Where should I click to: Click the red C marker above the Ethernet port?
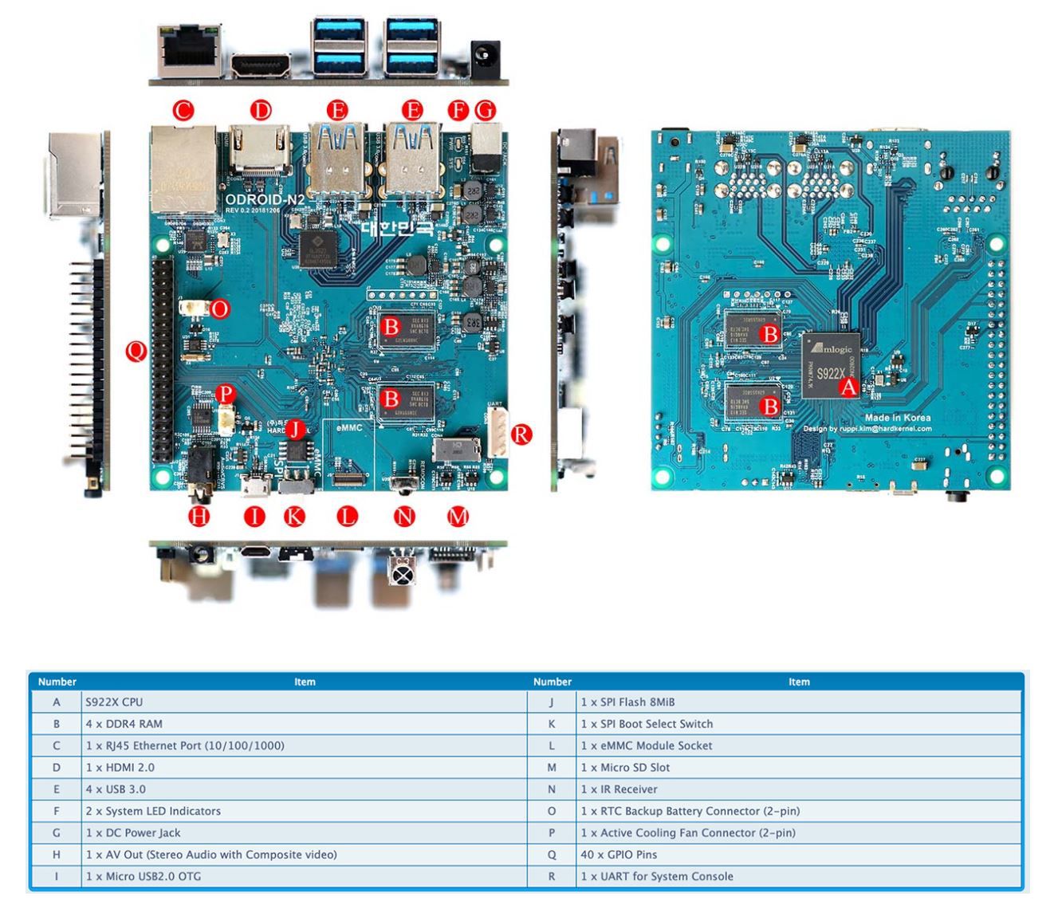[183, 110]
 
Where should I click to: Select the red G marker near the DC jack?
[484, 110]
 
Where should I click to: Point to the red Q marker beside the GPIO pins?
[136, 349]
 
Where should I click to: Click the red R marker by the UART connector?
[521, 434]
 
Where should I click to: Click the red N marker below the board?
[405, 517]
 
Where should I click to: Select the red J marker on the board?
[296, 430]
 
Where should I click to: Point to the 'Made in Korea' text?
[898, 418]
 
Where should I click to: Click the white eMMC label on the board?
[349, 427]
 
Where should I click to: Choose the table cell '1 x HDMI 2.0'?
[120, 768]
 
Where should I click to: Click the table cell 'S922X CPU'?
[114, 702]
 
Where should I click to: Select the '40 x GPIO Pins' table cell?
[619, 855]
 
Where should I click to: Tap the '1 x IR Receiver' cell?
[619, 789]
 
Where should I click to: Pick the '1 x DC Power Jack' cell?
[133, 833]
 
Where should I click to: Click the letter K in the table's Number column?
[551, 724]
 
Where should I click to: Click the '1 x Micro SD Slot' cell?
[625, 768]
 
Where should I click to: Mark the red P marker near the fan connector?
[226, 393]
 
